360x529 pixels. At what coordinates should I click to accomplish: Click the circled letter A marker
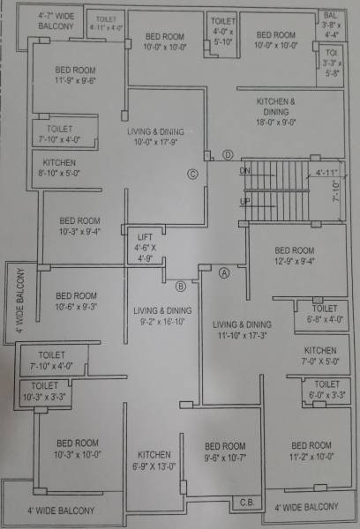(224, 272)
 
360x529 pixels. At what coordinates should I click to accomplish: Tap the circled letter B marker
(180, 286)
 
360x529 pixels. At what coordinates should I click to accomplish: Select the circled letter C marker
(191, 174)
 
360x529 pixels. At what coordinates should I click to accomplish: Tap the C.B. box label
(246, 502)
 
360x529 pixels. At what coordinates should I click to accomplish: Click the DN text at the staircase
(245, 170)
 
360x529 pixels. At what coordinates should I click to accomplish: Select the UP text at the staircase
(245, 201)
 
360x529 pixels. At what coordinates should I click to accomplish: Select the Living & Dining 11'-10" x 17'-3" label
(241, 330)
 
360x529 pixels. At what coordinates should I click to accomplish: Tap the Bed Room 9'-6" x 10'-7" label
(222, 451)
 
